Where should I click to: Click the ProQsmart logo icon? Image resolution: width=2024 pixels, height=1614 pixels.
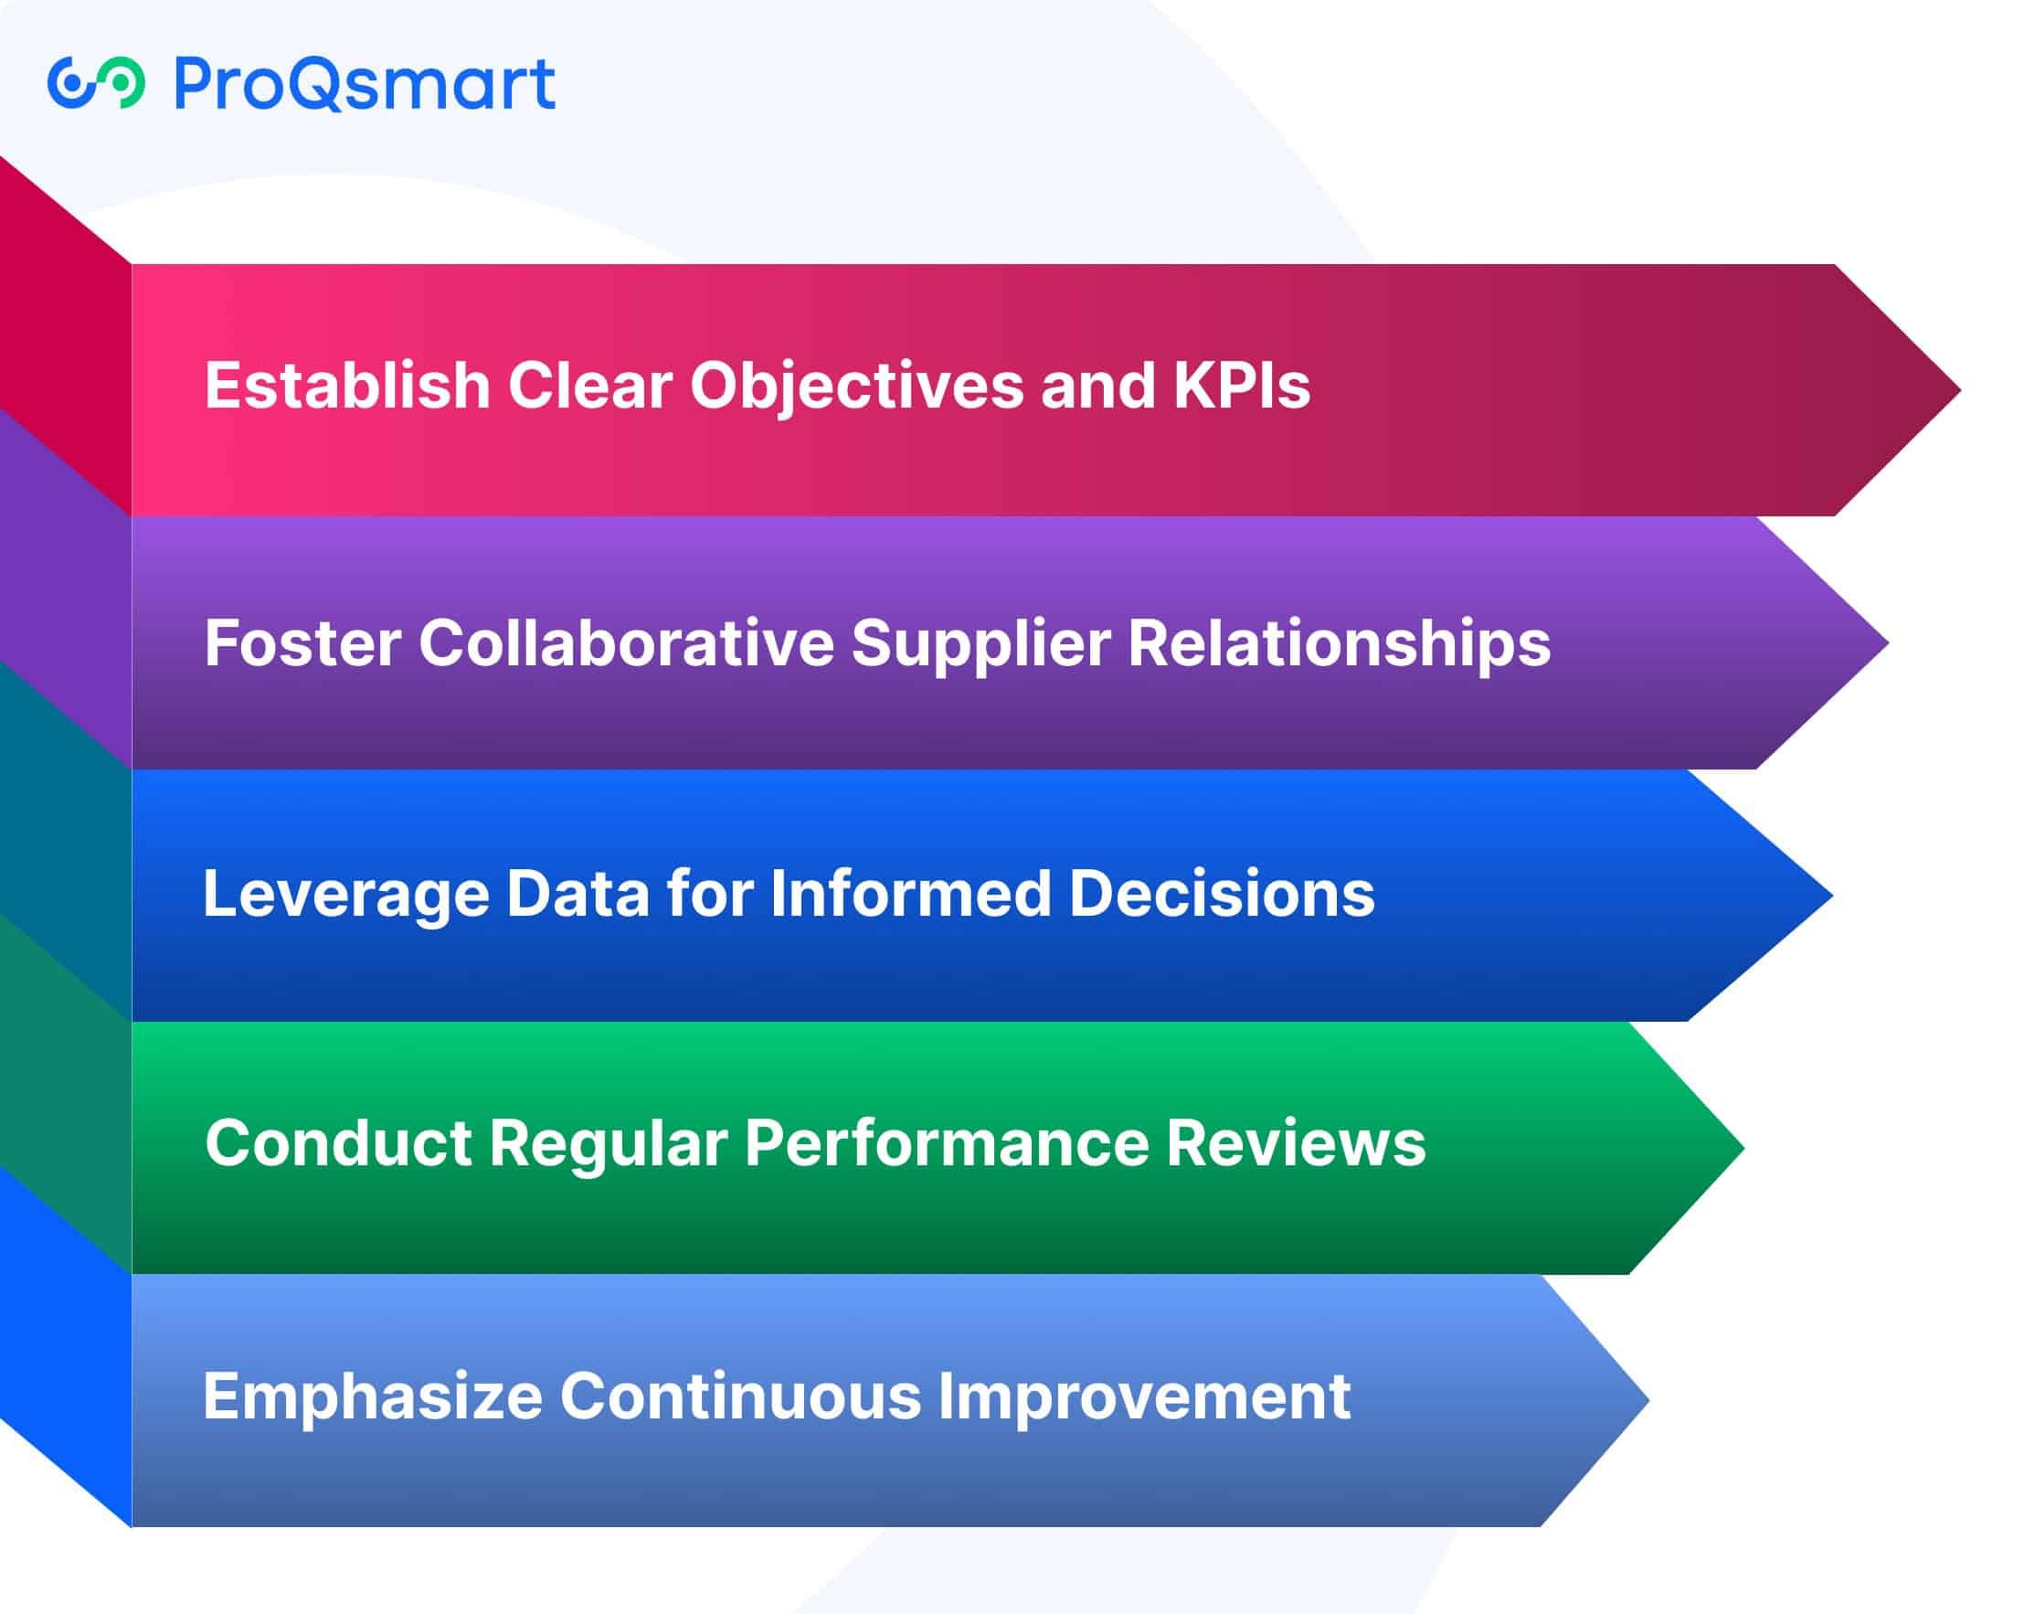coord(96,82)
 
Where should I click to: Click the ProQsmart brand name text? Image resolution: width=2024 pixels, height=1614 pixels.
coord(366,84)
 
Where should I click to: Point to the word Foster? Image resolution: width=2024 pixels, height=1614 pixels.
coord(303,643)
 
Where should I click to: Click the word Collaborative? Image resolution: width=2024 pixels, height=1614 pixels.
coord(626,643)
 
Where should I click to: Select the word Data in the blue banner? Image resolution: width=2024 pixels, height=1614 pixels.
coord(578,893)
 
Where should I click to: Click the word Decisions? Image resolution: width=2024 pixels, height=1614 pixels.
coord(1223,893)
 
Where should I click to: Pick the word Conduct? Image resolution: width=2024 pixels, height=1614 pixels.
coord(338,1143)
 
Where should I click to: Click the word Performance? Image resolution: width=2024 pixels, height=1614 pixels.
coord(948,1143)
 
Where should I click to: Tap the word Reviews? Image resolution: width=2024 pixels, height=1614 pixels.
coord(1297,1143)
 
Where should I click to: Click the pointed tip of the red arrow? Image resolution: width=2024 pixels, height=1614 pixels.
coord(1959,389)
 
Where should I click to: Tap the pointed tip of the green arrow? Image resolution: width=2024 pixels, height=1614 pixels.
coord(1743,1147)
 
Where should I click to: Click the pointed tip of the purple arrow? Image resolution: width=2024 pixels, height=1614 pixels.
coord(1887,643)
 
